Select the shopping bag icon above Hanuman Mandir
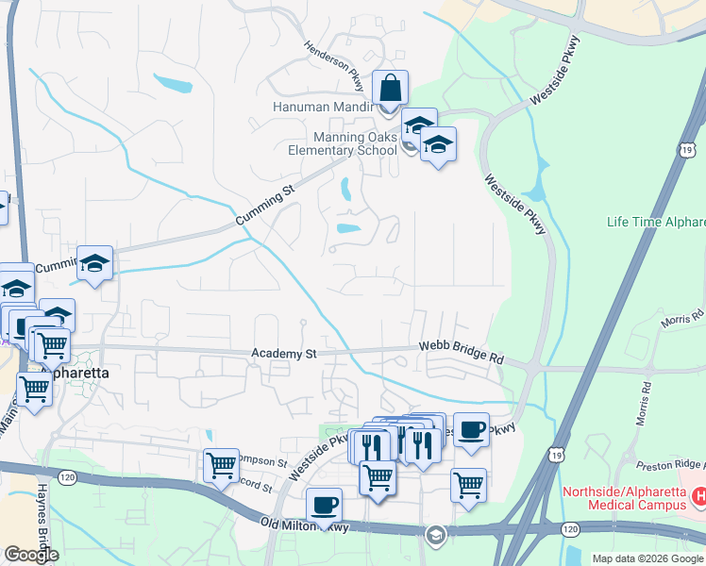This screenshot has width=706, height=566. click(x=390, y=90)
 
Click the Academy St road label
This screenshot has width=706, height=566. click(x=284, y=354)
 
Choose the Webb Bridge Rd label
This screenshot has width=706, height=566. click(x=462, y=354)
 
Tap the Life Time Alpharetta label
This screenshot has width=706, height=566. click(x=655, y=222)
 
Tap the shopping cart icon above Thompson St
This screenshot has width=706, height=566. click(x=221, y=465)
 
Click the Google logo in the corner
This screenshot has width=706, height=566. click(x=31, y=555)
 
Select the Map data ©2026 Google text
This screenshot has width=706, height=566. click(x=647, y=558)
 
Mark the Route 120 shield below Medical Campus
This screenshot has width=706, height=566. click(x=568, y=530)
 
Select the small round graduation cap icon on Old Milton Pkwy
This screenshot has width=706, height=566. click(x=434, y=535)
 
